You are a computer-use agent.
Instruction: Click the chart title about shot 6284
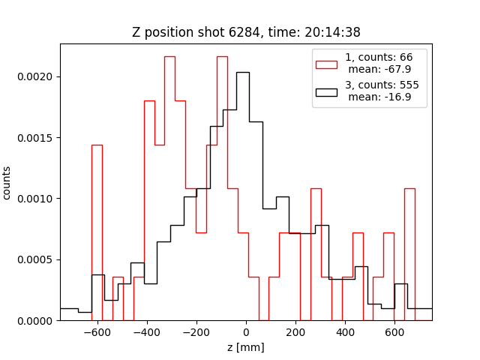[246, 32]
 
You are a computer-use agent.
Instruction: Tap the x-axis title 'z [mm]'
[246, 347]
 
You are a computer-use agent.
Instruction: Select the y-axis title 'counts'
[7, 182]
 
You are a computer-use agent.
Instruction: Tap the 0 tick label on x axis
[246, 332]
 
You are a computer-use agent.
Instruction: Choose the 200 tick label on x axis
[295, 332]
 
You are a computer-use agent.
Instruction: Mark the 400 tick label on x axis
[345, 332]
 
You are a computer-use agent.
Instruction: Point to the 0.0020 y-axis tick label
[37, 76]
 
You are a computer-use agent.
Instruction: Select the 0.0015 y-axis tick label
[37, 137]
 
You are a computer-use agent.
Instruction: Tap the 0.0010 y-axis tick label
[37, 199]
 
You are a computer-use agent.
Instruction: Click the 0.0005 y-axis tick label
[37, 259]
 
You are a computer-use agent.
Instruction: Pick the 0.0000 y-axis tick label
[37, 321]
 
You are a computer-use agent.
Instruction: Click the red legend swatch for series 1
[326, 63]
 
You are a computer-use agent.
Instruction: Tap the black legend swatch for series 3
[326, 92]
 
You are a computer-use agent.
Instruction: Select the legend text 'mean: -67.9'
[379, 68]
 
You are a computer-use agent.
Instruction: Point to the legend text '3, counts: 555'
[382, 85]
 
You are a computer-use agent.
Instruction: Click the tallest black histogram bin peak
[243, 73]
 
